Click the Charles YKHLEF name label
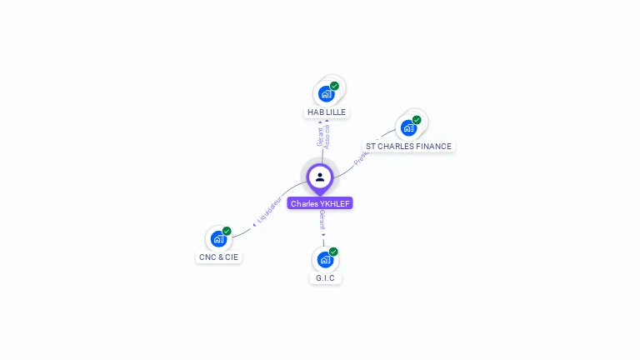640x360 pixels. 320,203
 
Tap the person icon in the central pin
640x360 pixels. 320,177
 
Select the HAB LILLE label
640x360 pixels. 327,112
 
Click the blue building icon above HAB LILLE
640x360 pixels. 326,93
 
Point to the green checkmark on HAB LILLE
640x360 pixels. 334,86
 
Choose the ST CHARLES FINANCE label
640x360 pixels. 408,146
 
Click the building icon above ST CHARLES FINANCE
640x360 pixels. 407,127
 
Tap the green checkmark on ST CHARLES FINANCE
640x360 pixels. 417,120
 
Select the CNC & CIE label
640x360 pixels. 218,257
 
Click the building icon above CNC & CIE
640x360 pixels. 217,239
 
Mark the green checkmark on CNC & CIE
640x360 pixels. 227,232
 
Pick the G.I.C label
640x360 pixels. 326,277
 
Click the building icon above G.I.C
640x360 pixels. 324,259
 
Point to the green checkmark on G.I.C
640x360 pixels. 333,252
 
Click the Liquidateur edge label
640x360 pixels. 270,210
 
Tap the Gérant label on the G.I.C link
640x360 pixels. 322,221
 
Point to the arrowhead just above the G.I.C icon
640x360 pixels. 324,236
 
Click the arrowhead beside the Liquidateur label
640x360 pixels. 254,224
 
